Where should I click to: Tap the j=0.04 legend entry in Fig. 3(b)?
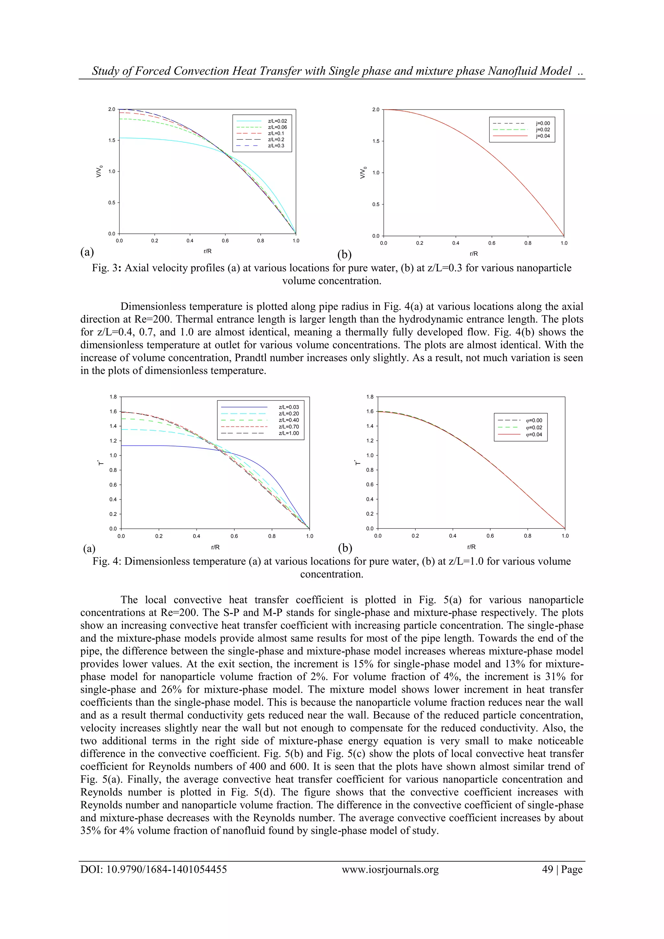(542, 136)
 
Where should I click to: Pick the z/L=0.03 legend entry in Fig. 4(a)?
(289, 407)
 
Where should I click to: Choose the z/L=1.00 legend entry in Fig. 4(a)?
(289, 433)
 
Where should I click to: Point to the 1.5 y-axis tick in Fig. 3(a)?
(111, 140)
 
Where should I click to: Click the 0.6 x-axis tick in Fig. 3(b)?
(492, 243)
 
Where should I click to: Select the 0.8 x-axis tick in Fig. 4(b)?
(528, 535)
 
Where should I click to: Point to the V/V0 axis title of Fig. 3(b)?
(362, 172)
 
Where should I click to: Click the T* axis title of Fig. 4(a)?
(101, 463)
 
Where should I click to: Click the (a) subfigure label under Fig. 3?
(87, 252)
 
